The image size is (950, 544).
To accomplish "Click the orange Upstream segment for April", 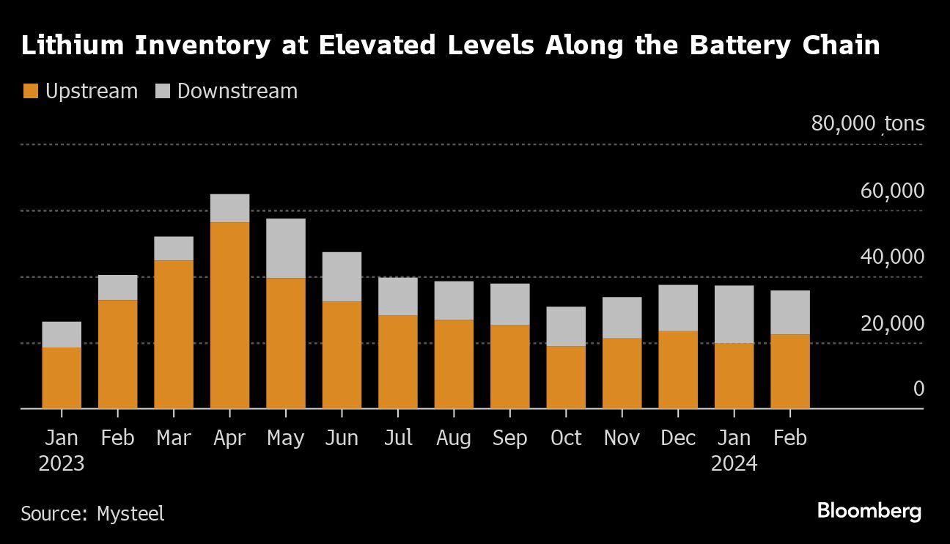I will point(229,315).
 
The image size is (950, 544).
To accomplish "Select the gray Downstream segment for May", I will point(286,249).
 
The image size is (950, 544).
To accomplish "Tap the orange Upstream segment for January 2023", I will point(62,378).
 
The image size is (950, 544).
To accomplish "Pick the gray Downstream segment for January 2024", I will point(734,315).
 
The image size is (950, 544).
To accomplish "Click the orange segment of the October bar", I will point(566,377).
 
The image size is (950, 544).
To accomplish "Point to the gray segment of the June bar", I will point(342,277).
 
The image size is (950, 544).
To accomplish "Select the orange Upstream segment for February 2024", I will point(790,371).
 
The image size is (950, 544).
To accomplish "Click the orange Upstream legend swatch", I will point(30,92).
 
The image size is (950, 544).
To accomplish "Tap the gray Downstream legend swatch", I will point(163,92).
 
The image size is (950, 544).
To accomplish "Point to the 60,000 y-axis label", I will point(891,191).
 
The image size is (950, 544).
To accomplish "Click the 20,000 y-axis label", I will point(891,323).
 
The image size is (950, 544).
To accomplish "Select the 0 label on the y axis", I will point(918,389).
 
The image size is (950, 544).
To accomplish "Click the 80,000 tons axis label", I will point(867,124).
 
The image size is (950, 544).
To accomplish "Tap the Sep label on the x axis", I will point(509,438).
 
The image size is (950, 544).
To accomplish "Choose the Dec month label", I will point(678,438).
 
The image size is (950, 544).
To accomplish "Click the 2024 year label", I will point(734,464).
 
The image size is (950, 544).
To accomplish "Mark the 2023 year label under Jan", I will point(62,464).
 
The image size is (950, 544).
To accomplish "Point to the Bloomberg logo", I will point(869,511).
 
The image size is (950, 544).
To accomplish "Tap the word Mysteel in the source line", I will point(130,513).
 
